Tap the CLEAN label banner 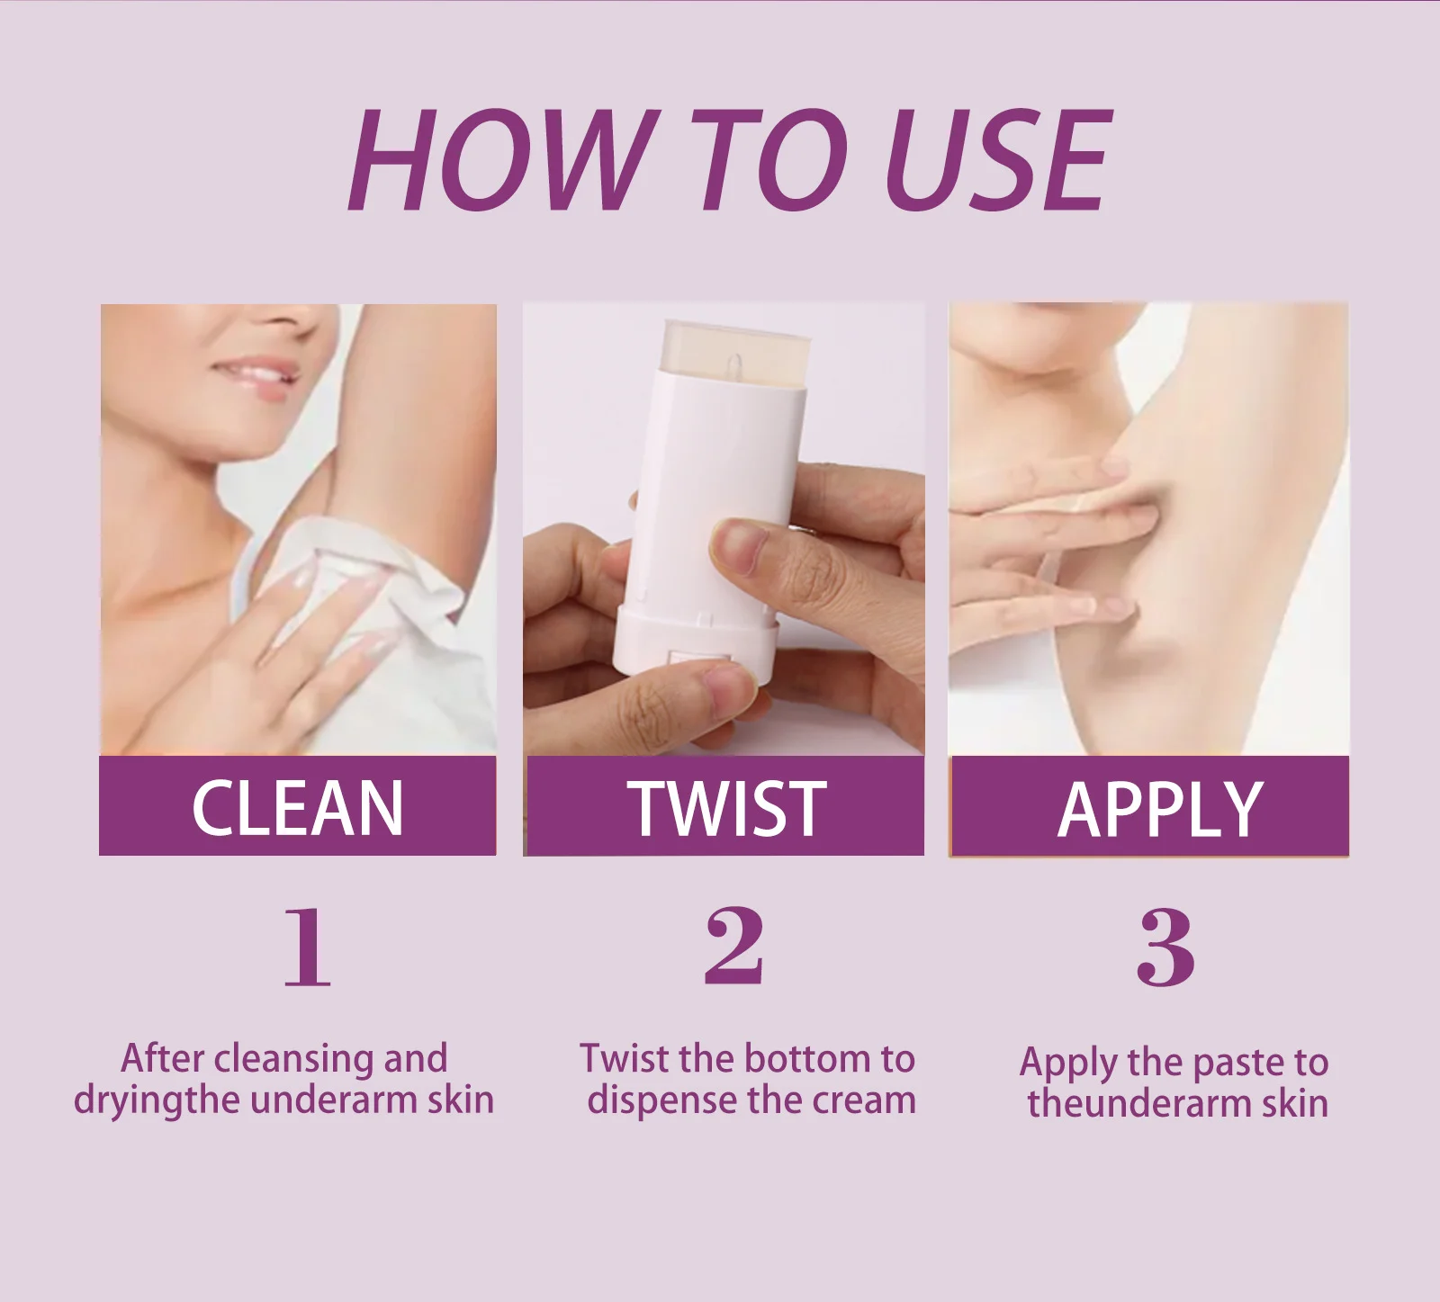297,806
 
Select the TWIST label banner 725,806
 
